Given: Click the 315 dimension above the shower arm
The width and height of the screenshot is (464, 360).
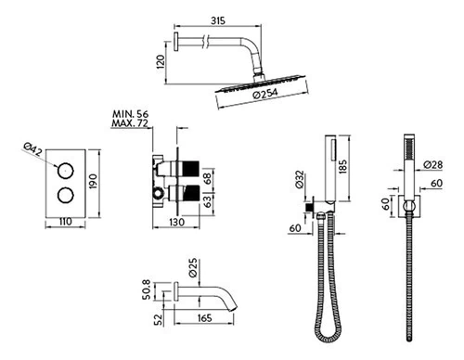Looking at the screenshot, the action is click(218, 20).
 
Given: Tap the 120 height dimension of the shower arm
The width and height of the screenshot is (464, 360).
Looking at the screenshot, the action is click(161, 62).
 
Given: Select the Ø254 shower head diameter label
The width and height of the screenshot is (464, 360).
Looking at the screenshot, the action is click(265, 94).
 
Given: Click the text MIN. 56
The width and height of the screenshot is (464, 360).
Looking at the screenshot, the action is click(130, 114).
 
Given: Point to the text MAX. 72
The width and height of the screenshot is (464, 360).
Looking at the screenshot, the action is click(130, 123).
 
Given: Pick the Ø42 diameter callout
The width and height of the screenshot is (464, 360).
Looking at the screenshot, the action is click(33, 149).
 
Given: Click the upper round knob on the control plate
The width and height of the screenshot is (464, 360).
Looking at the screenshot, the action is click(66, 171).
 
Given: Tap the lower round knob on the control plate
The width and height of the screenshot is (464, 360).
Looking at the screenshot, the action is click(66, 195).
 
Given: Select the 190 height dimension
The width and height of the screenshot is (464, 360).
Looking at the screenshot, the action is click(93, 182).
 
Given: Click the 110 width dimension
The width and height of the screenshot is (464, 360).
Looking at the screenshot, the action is click(65, 222).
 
